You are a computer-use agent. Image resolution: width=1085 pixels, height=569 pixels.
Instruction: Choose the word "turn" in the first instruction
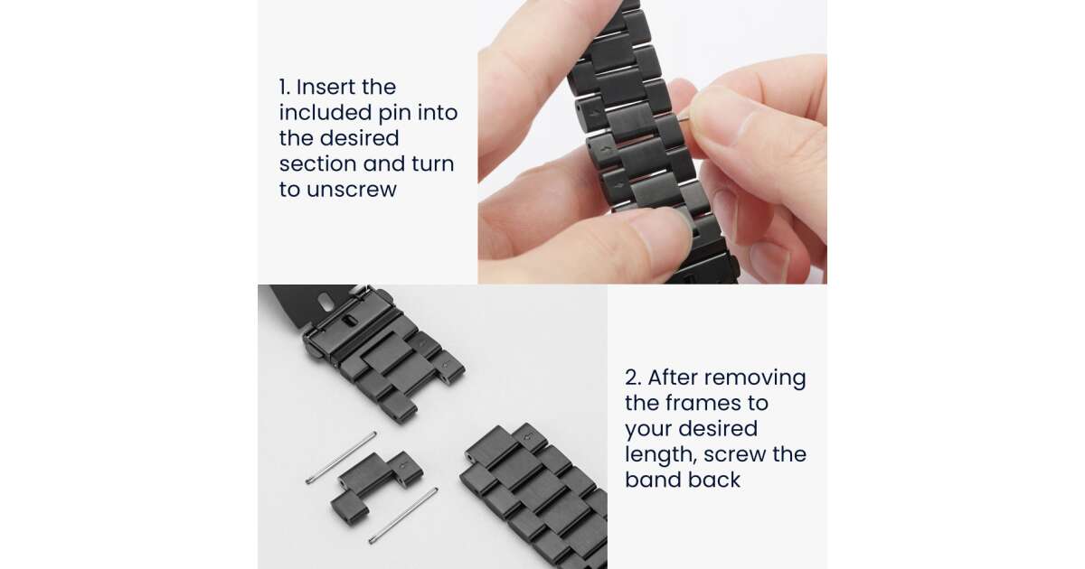432,164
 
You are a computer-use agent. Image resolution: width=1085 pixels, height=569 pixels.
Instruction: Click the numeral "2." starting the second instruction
633,378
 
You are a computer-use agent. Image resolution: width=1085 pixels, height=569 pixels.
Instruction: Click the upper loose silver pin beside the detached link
341,457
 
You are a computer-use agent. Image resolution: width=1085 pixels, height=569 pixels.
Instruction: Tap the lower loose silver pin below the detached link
403,516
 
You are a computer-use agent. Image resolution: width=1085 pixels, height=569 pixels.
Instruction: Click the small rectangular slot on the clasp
349,321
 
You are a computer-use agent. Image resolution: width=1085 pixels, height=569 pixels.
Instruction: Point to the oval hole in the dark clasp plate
326,303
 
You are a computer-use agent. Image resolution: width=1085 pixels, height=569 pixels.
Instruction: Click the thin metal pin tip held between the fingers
684,118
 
